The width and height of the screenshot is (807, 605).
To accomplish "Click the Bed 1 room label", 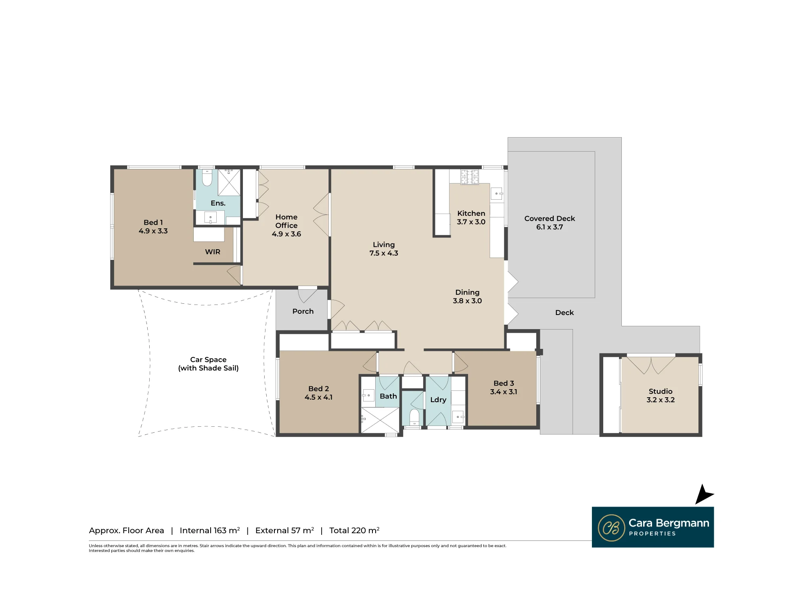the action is click(153, 222).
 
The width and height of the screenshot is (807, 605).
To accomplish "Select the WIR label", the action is click(213, 252).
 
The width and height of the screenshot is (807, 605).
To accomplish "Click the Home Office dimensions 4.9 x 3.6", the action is click(286, 234).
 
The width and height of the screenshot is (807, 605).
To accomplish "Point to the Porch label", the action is click(303, 311).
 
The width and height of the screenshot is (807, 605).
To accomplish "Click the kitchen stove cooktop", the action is click(470, 177).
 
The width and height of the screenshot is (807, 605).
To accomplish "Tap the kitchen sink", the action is click(497, 194).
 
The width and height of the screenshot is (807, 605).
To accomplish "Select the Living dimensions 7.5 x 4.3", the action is click(384, 253).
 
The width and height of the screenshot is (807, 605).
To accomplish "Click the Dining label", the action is click(467, 292).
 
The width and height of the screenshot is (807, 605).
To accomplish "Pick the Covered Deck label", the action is click(550, 218).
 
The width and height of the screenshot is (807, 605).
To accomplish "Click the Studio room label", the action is click(661, 391).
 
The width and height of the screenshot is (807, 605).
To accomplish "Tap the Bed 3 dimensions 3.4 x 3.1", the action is click(504, 392).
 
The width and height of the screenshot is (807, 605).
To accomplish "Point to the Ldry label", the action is click(438, 400).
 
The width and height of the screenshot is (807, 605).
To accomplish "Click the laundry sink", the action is click(458, 417).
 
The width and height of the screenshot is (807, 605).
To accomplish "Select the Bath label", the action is click(388, 396).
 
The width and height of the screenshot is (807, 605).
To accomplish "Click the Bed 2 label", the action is click(319, 388).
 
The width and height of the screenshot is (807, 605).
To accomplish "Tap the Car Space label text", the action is click(208, 359).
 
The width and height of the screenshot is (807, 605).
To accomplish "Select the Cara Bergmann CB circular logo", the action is click(611, 528).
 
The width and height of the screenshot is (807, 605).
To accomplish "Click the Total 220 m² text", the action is click(354, 530).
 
